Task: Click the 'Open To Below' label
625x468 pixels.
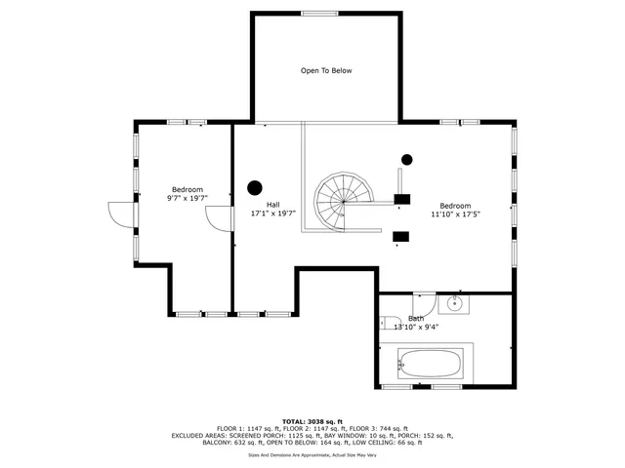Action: pos(326,70)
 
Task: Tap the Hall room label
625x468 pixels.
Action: pos(260,204)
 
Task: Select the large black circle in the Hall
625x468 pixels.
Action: pos(256,187)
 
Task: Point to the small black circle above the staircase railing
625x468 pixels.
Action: pos(407,160)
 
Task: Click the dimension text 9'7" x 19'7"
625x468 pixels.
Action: pos(187,198)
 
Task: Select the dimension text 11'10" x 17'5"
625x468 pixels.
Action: pos(455,214)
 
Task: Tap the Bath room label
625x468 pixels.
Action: pos(416,318)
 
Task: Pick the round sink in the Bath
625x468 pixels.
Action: pos(454,303)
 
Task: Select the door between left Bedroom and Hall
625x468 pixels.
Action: pos(219,219)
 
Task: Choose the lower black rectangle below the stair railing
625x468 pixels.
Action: pos(400,236)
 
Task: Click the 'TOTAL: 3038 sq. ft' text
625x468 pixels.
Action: pos(312,421)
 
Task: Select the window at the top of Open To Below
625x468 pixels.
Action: pos(319,14)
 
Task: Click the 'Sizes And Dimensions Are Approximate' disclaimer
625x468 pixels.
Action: pos(312,454)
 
